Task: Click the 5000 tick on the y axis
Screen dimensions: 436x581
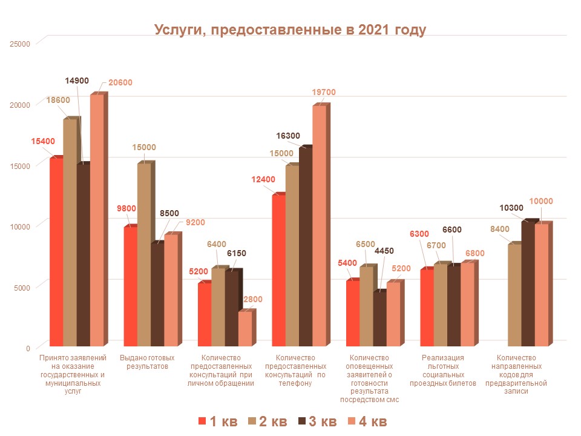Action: pyautogui.click(x=21, y=287)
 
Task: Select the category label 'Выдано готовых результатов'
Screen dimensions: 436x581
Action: pyautogui.click(x=148, y=362)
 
